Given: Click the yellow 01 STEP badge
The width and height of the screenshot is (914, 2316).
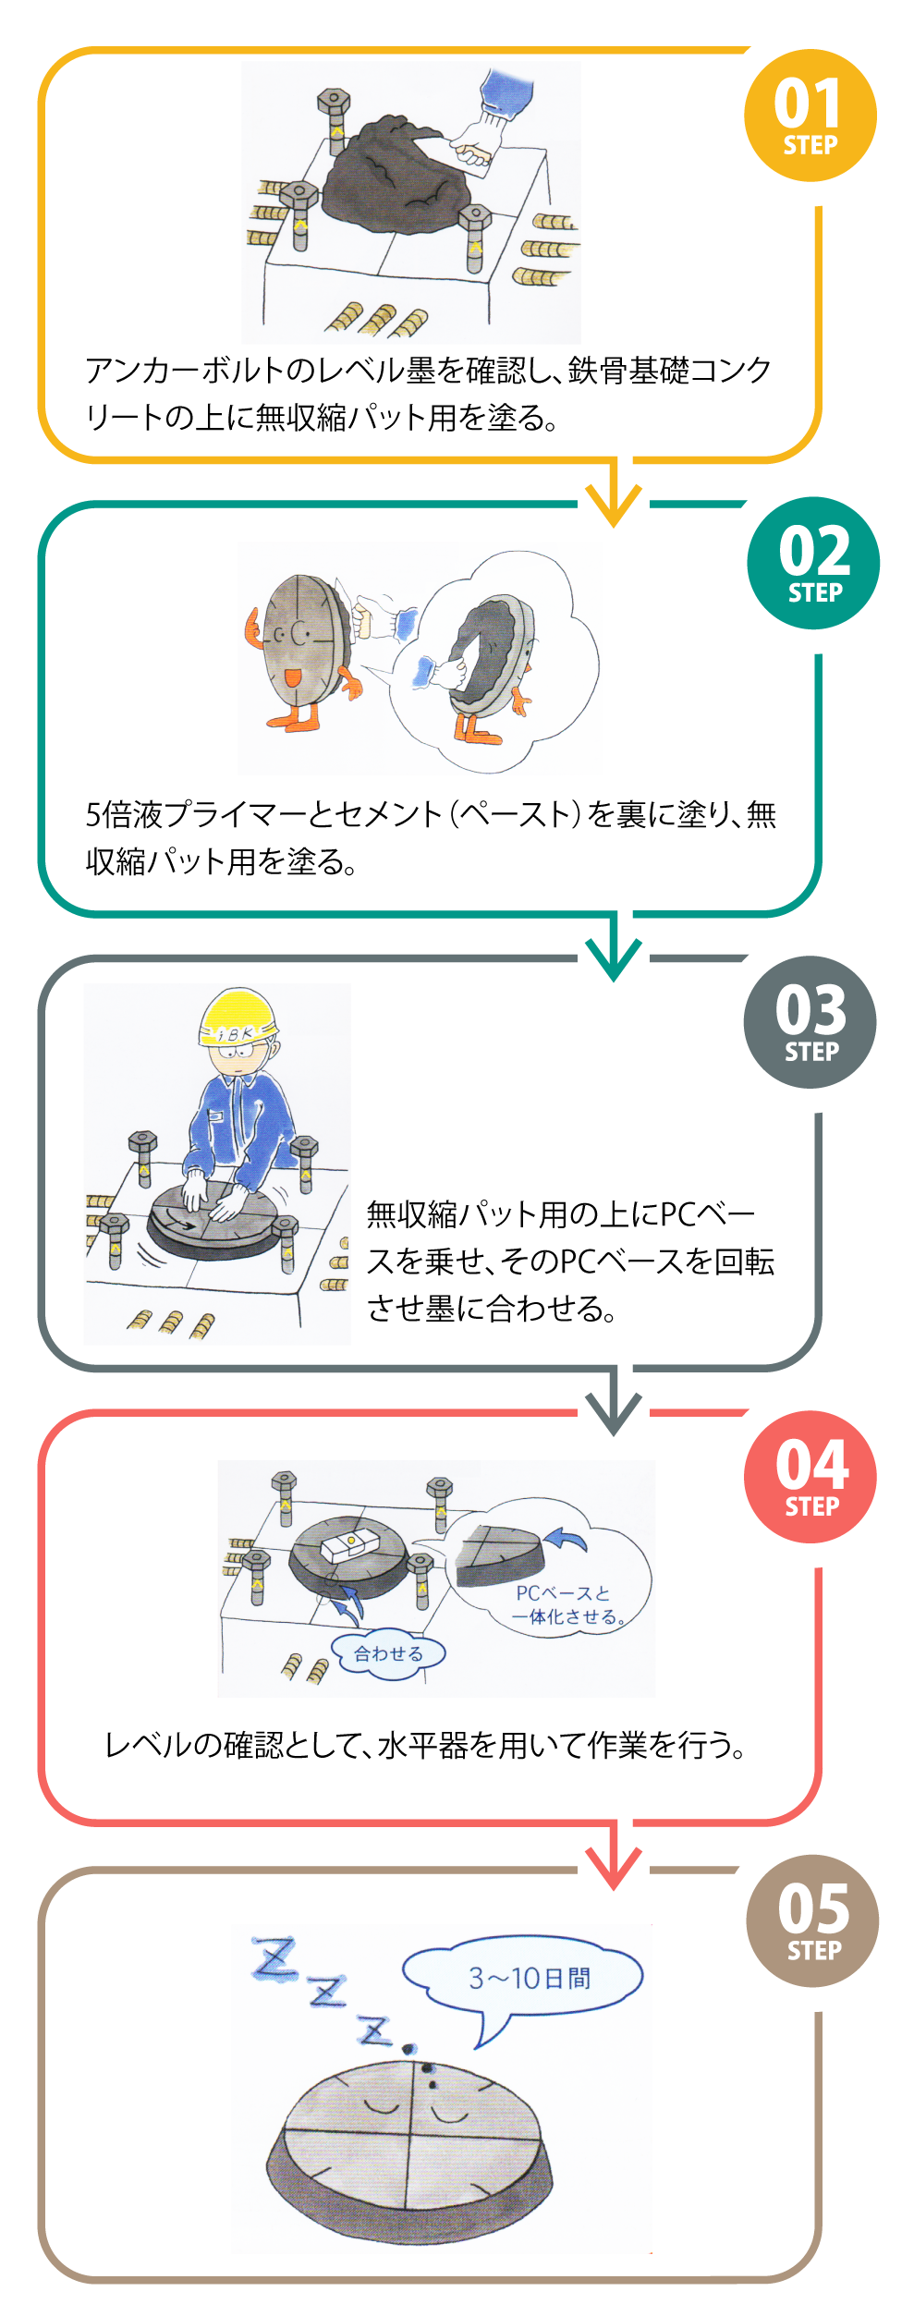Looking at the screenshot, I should point(810,116).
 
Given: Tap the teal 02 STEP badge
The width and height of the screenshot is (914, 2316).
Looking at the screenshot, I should point(813,563).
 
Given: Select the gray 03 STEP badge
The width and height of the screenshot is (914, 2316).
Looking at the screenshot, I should point(810,1021).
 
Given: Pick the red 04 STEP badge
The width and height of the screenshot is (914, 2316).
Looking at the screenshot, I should point(810,1477).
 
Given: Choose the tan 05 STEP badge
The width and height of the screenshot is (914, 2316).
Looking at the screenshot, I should point(812,1920).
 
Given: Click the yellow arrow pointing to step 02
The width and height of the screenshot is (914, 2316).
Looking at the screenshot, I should point(614,499).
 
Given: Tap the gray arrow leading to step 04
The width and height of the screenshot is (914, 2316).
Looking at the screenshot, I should point(614,1408).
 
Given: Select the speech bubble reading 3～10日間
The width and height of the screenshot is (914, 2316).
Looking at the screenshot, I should point(523,1979).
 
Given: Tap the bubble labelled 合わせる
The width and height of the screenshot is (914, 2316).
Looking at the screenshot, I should point(388,1653).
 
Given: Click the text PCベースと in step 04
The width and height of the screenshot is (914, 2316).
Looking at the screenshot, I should point(563,1592).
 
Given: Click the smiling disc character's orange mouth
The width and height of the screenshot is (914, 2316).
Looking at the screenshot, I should point(292,677).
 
